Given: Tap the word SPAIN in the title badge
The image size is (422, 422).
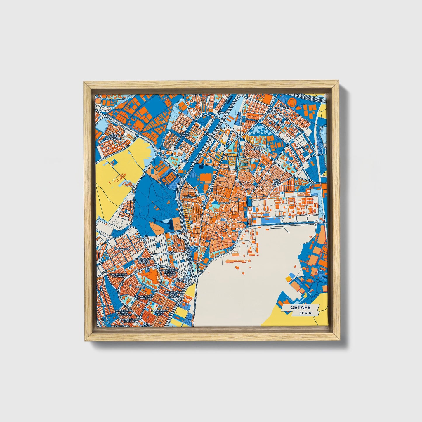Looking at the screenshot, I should pyautogui.click(x=305, y=313).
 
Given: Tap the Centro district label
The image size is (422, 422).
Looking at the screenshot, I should pyautogui.click(x=225, y=203).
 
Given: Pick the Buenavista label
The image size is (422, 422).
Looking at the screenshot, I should pyautogui.click(x=122, y=249).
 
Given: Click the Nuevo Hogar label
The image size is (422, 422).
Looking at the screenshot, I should pyautogui.click(x=170, y=253).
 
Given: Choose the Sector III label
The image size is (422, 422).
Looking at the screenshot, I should pyautogui.click(x=140, y=287).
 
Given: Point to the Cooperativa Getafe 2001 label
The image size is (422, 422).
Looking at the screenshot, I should pyautogui.click(x=159, y=312).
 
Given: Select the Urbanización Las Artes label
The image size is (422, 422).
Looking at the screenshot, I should pyautogui.click(x=117, y=276).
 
